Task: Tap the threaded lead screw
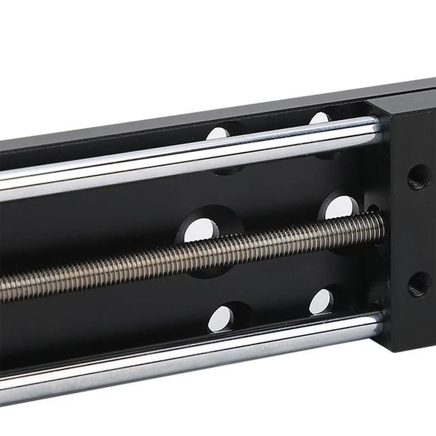pos(191,262)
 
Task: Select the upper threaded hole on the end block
pos(418,178)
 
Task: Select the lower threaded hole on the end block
pos(418,283)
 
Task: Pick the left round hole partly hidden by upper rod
pos(219,134)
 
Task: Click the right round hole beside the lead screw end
pos(341,208)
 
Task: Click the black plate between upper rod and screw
pos(136,211)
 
